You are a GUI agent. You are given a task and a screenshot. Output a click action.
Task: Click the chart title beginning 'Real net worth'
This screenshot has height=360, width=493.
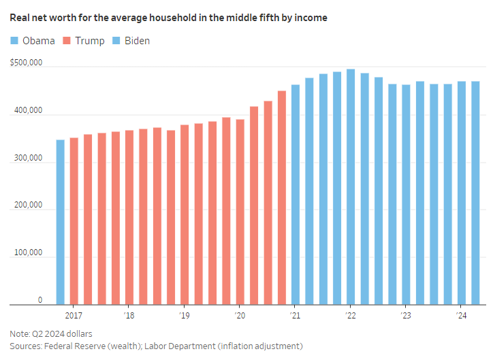[168, 18]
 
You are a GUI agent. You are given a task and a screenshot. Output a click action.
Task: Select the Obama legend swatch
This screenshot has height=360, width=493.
[14, 41]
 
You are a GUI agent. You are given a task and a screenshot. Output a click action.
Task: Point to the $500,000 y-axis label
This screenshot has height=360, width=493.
[27, 63]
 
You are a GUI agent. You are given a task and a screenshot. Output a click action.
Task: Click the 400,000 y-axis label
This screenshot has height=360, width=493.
[28, 111]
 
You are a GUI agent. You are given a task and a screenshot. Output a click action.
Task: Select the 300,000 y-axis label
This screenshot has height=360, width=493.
[28, 158]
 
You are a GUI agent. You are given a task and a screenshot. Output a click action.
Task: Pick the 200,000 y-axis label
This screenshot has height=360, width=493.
[28, 206]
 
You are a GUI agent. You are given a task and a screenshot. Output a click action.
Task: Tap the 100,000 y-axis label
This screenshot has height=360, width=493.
[28, 253]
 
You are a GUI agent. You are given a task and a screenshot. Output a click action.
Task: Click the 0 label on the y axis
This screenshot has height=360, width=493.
[40, 300]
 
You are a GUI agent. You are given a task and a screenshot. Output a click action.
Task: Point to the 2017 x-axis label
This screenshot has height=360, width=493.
[74, 316]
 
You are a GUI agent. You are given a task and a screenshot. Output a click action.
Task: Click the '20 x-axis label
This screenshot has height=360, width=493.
[240, 316]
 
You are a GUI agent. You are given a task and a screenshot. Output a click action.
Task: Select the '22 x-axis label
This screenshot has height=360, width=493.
[351, 316]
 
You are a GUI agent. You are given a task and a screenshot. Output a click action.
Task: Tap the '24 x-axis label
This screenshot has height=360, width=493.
[461, 316]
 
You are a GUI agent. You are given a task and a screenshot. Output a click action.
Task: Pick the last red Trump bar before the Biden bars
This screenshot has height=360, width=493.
[281, 198]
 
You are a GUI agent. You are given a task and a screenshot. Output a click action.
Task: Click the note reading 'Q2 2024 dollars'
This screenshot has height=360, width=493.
[51, 333]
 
